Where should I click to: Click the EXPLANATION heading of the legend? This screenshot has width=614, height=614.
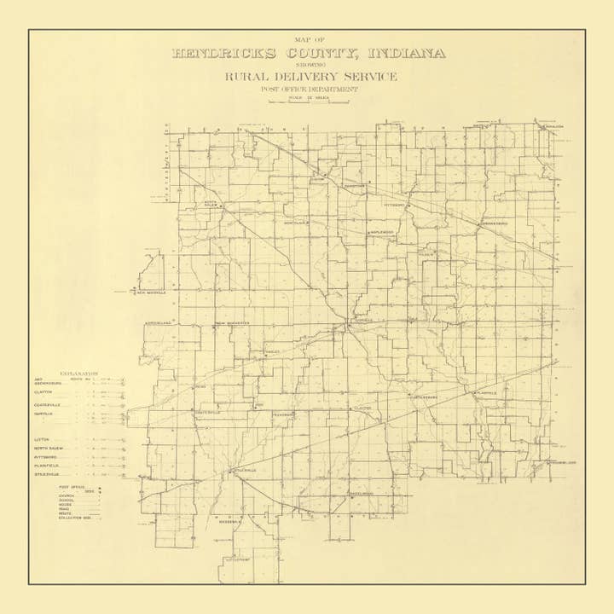(x=79, y=374)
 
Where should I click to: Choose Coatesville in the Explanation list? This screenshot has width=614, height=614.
(x=48, y=403)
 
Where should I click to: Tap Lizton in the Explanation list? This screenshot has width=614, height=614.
(x=42, y=438)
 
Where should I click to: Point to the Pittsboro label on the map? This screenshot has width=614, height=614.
(x=397, y=206)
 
